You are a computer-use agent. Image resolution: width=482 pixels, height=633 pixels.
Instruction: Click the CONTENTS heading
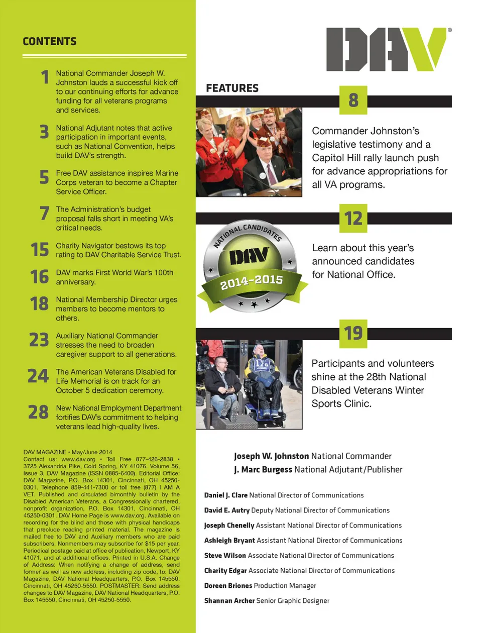pyautogui.click(x=50, y=41)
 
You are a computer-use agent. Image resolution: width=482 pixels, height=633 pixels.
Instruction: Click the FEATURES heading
pyautogui.click(x=232, y=88)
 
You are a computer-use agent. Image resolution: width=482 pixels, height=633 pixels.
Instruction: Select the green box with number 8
pyautogui.click(x=353, y=100)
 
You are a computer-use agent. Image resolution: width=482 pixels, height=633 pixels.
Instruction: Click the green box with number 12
pyautogui.click(x=353, y=219)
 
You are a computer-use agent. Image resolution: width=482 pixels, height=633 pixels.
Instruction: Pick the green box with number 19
pyautogui.click(x=353, y=334)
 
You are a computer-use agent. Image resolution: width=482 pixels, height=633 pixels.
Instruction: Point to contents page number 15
pyautogui.click(x=40, y=250)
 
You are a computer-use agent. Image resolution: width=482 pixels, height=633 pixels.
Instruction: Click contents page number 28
pyautogui.click(x=38, y=412)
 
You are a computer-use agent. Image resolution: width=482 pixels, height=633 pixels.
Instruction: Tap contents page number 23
pyautogui.click(x=39, y=340)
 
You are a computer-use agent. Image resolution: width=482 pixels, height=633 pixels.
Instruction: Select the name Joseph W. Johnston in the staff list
pyautogui.click(x=272, y=456)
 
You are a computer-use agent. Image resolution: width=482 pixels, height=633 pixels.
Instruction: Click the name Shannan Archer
pyautogui.click(x=229, y=600)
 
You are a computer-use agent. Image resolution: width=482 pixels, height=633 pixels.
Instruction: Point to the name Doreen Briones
pyautogui.click(x=228, y=585)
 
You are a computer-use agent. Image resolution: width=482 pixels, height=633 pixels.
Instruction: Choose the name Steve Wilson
pyautogui.click(x=225, y=555)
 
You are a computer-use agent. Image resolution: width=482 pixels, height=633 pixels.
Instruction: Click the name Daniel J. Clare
pyautogui.click(x=226, y=495)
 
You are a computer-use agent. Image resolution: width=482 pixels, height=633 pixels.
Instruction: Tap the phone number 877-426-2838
pyautogui.click(x=155, y=459)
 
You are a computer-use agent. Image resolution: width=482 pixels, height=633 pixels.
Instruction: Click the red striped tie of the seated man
pyautogui.click(x=272, y=174)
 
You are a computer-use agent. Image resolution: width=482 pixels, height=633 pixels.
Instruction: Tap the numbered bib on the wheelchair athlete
pyautogui.click(x=262, y=365)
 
